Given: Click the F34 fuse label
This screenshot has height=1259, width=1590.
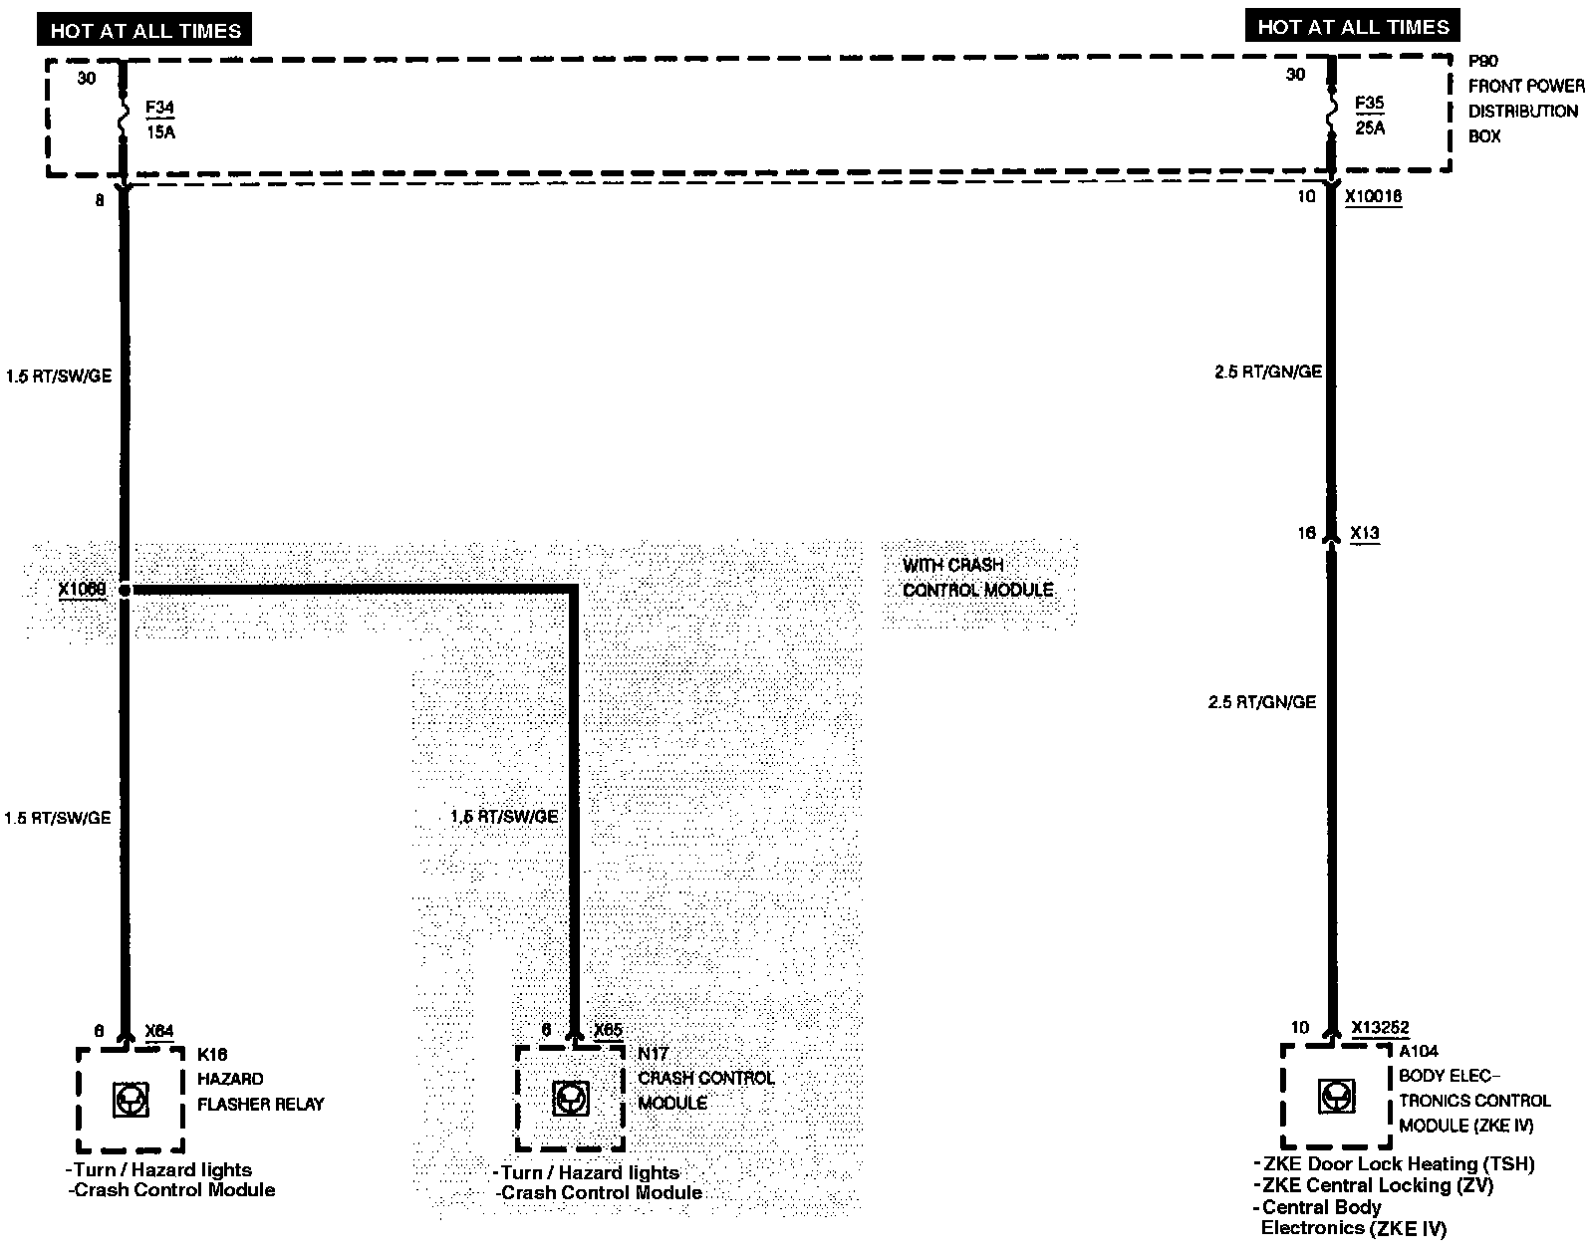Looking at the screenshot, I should pos(159,108).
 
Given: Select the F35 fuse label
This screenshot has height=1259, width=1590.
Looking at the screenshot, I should pos(1369,104).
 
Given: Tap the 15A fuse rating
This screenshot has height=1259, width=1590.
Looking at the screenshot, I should pos(159,131).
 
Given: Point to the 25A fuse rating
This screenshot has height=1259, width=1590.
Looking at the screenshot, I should pos(1369,127).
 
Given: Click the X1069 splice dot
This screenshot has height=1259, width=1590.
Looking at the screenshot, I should pos(125,591).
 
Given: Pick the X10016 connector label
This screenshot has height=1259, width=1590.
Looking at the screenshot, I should pos(1373,197).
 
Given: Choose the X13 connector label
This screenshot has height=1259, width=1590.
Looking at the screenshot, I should pos(1365,534).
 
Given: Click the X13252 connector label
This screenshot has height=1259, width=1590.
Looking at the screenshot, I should pos(1381,1028).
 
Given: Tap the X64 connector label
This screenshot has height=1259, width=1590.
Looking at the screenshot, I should pos(159,1031).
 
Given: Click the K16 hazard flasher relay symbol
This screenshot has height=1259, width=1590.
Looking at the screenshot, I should pos(131,1100).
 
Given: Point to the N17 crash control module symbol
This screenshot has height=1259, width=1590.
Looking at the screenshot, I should pos(570,1099).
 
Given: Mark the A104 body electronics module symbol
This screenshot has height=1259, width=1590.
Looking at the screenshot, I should pos(1335,1097).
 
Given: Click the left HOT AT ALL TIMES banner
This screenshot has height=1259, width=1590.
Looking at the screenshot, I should pos(145,31).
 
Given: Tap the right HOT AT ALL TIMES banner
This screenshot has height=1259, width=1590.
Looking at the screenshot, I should pos(1353,27).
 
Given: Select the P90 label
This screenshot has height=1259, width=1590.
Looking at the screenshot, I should pos(1482,61).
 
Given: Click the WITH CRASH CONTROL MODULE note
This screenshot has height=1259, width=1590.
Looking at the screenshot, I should pos(977,578).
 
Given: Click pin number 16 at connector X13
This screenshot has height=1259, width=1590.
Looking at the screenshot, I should pos(1306,534).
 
